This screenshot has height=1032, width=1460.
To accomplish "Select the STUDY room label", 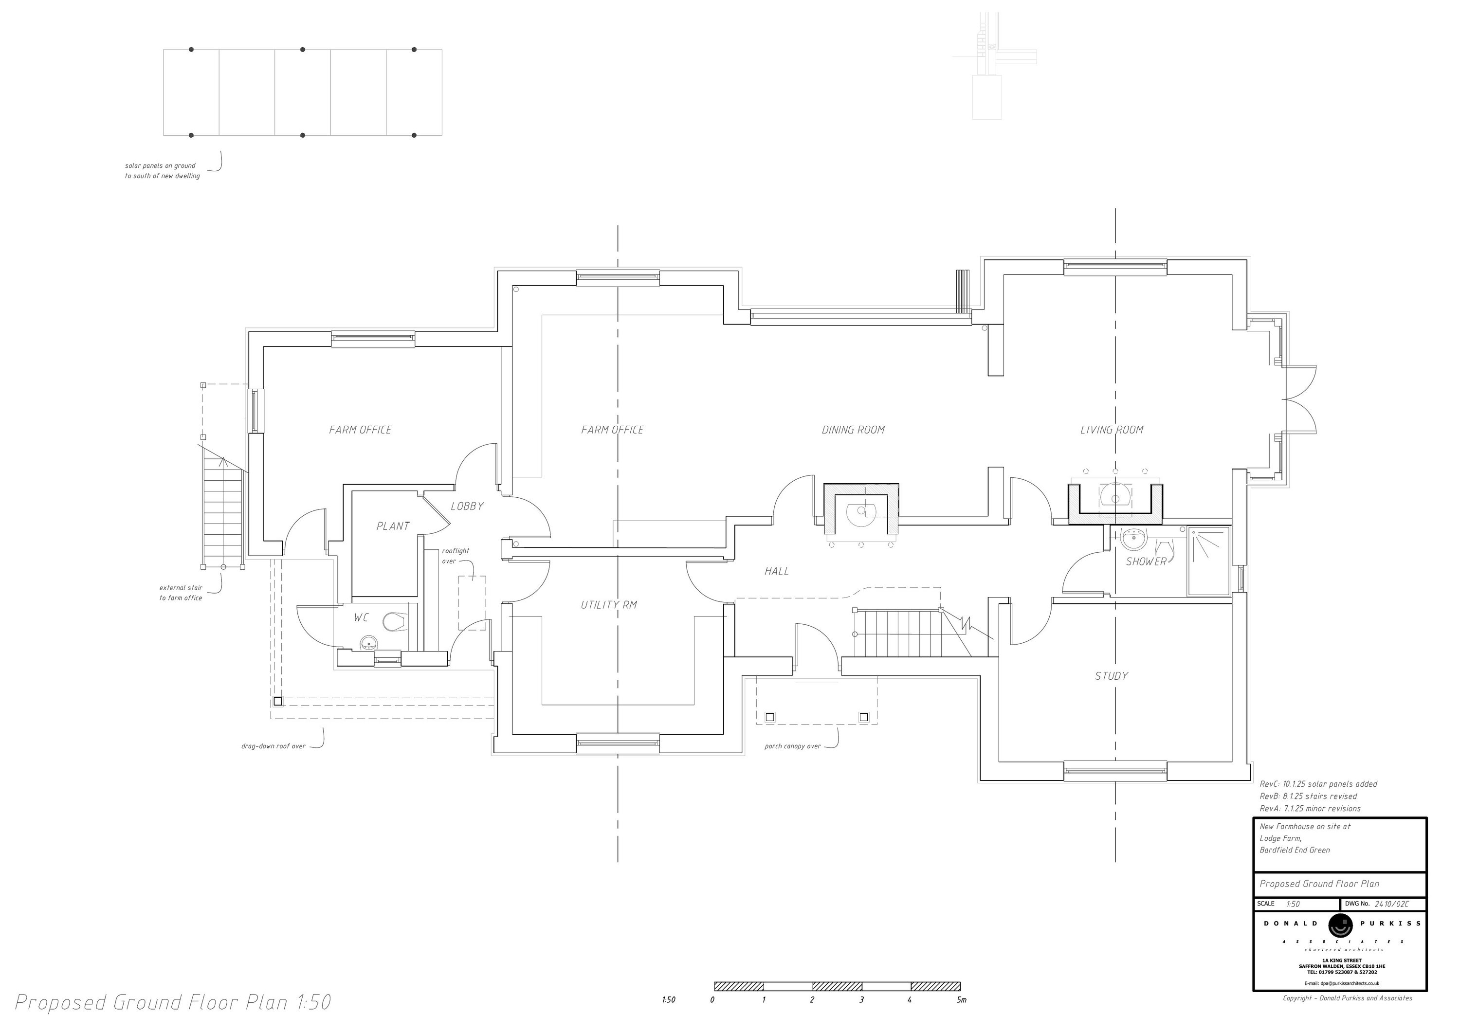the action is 1112,676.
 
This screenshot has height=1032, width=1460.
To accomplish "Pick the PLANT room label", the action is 393,526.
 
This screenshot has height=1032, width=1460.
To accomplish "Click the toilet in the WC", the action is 396,621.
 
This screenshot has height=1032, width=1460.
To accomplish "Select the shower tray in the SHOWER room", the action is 1208,561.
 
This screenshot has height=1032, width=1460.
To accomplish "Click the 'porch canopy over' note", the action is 792,746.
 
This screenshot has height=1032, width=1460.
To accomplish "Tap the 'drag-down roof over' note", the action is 274,746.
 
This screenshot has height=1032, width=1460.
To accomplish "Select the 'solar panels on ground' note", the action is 160,166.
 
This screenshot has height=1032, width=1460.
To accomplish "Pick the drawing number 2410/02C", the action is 1391,904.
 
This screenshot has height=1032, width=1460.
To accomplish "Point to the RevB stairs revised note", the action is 1308,796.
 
